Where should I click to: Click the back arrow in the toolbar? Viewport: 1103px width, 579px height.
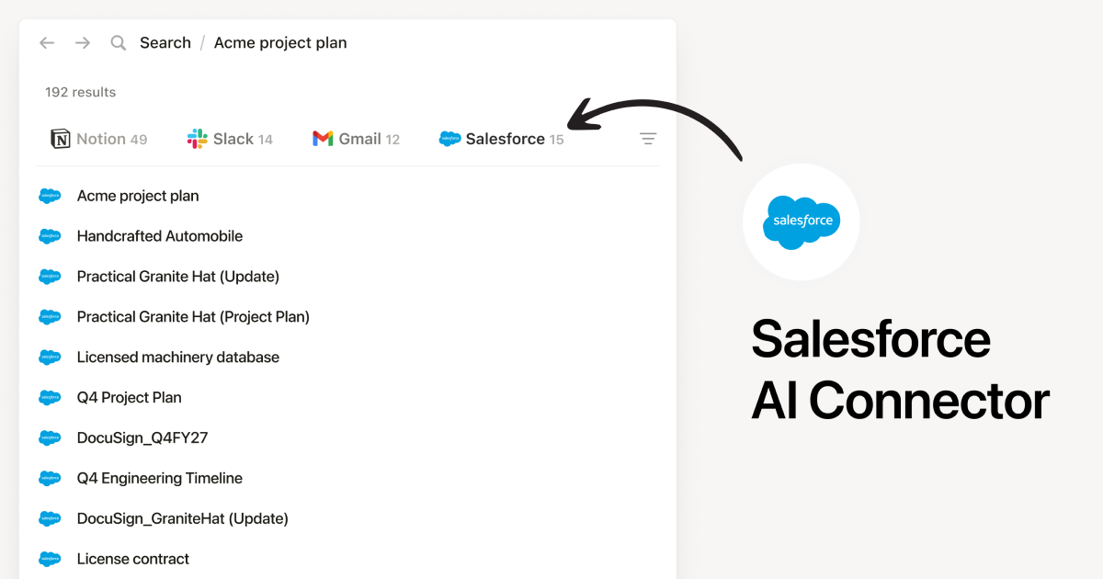point(47,43)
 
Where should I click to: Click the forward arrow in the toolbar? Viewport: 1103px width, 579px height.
point(83,43)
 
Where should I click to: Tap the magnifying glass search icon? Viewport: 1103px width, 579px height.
point(119,43)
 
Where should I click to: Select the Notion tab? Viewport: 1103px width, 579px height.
point(99,139)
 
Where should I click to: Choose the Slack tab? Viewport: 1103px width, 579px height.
point(231,139)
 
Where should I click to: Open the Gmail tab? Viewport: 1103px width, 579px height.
point(357,139)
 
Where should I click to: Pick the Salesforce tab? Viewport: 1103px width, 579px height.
point(502,139)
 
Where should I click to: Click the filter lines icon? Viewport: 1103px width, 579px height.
point(648,139)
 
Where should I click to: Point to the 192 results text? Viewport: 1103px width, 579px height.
point(81,92)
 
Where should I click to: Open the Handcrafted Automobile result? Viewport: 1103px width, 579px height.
point(160,236)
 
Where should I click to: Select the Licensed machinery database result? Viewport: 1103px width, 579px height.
point(178,358)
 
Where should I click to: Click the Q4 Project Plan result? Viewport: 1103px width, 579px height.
point(130,398)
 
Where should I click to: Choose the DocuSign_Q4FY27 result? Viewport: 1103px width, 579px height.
point(142,438)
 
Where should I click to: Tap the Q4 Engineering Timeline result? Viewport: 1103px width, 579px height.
point(160,479)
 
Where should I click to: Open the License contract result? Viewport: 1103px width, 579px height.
point(133,559)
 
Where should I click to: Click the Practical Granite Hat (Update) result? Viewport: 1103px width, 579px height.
point(178,277)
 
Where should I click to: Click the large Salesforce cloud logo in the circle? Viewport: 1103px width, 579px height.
point(801,221)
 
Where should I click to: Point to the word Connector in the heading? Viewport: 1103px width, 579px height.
point(928,402)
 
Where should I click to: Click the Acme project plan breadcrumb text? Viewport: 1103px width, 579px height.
point(280,43)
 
